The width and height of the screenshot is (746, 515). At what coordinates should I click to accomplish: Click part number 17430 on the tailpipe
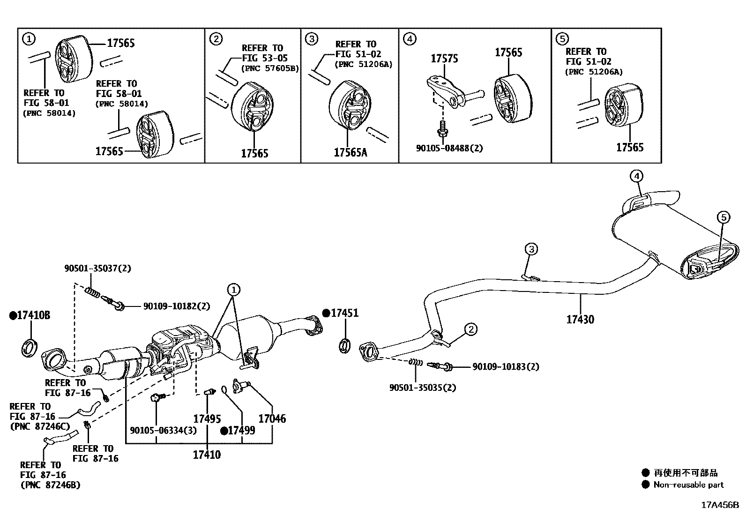(x=580, y=320)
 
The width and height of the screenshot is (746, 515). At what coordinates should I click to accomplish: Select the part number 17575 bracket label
(x=444, y=59)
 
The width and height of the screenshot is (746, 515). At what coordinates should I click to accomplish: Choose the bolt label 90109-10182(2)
(x=176, y=306)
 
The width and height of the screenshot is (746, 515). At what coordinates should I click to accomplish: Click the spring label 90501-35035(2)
(x=422, y=388)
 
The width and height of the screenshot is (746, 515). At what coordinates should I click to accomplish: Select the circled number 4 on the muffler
(x=636, y=176)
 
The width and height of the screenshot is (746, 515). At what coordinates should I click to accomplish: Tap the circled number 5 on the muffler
(x=724, y=217)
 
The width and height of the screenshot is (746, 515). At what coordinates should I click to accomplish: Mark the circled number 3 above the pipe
(x=531, y=249)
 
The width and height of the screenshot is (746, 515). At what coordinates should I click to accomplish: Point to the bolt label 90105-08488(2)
(x=449, y=148)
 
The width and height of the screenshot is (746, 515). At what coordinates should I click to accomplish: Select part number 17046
(x=272, y=418)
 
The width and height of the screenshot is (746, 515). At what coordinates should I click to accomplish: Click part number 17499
(x=241, y=431)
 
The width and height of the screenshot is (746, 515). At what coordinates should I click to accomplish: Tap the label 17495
(x=207, y=419)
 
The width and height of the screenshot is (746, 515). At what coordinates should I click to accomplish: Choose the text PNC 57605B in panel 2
(x=270, y=69)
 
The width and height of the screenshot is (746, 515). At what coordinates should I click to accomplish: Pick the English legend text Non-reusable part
(x=688, y=485)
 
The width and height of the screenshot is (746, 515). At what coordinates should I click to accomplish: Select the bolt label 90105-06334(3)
(x=163, y=431)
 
